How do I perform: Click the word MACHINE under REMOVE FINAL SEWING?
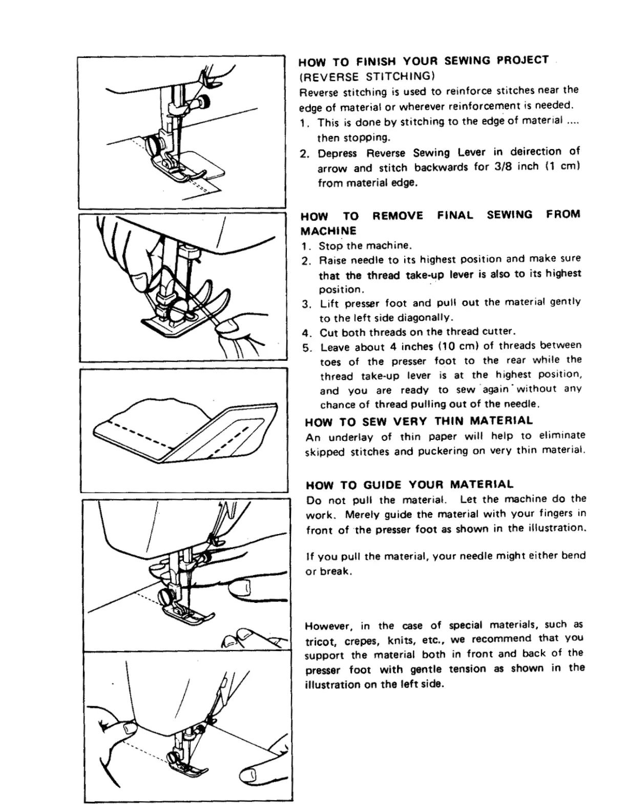pyautogui.click(x=328, y=230)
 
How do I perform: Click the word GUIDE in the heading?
pyautogui.click(x=382, y=484)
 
